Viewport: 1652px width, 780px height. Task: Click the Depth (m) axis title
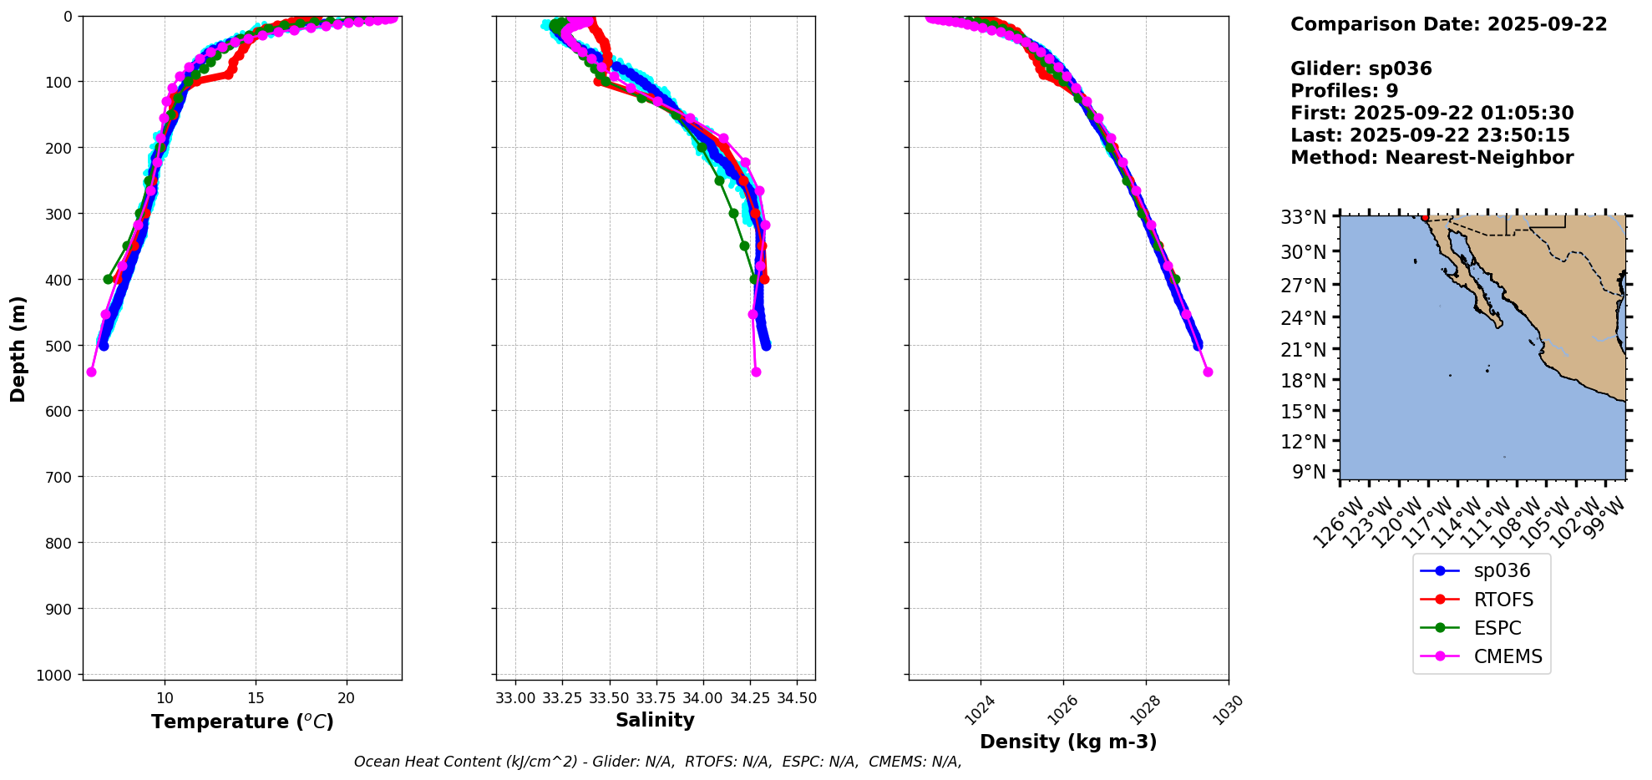(18, 348)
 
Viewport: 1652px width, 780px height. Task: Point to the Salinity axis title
(655, 720)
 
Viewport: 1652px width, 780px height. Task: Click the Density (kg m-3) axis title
(1068, 742)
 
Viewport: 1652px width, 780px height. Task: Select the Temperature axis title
(242, 722)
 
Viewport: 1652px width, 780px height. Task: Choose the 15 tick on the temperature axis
(256, 698)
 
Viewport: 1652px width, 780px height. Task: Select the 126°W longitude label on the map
(1338, 523)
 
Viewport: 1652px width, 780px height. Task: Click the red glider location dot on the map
(1425, 217)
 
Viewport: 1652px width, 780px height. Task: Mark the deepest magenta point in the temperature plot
(91, 372)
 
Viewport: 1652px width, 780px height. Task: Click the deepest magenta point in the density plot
(1208, 372)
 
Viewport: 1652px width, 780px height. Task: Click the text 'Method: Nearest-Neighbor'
(1432, 158)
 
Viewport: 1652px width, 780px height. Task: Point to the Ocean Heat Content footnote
(657, 762)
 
